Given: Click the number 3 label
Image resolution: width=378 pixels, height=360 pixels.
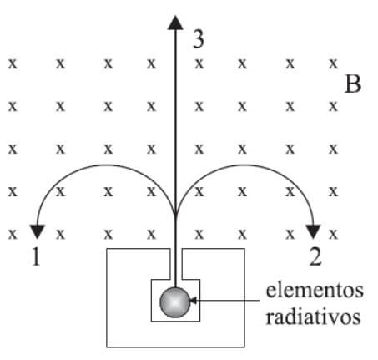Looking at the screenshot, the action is pyautogui.click(x=199, y=39).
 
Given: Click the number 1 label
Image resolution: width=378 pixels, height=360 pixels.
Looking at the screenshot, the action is pyautogui.click(x=36, y=256).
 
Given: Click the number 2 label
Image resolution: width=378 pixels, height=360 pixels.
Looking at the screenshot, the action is pyautogui.click(x=315, y=256).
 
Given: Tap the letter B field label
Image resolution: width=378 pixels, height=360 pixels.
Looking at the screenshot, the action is pyautogui.click(x=353, y=84).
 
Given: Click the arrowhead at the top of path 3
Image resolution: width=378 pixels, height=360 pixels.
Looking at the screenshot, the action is pyautogui.click(x=175, y=23).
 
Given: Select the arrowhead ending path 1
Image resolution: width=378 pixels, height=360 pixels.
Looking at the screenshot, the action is pyautogui.click(x=37, y=231).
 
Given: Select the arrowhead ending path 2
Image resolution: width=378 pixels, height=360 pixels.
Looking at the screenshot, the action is pyautogui.click(x=314, y=231).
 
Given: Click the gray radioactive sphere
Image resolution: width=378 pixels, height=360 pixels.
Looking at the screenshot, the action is pyautogui.click(x=175, y=302).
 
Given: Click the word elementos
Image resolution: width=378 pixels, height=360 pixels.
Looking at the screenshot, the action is pyautogui.click(x=315, y=291).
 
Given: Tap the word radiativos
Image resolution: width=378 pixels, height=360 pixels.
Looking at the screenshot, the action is pyautogui.click(x=313, y=317).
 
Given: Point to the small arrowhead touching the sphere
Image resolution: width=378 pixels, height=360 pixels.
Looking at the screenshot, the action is pyautogui.click(x=193, y=300).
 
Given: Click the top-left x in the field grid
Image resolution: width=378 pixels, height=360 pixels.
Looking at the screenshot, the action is pyautogui.click(x=13, y=64).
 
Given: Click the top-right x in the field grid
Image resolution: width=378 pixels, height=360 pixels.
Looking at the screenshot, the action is pyautogui.click(x=333, y=64).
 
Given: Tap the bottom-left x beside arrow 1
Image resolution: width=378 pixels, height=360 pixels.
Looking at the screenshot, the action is pyautogui.click(x=13, y=234).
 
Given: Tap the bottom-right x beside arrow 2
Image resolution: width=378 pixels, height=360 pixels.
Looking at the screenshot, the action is pyautogui.click(x=333, y=234).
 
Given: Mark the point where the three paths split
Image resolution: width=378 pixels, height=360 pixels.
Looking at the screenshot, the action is pyautogui.click(x=175, y=215).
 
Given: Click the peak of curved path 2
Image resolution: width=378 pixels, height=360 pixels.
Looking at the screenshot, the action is pyautogui.click(x=244, y=165).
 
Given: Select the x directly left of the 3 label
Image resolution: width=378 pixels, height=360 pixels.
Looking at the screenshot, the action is pyautogui.click(x=151, y=64).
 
